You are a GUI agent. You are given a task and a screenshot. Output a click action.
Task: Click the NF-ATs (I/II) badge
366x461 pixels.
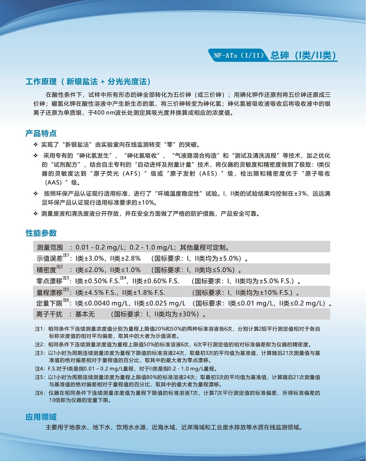pos(239,56)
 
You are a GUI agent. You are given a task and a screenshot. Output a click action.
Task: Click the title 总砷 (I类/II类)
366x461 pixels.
pos(303,56)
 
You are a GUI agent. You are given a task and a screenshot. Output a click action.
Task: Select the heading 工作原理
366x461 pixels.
pos(41,82)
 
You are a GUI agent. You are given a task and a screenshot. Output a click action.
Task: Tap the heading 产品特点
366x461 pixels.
pos(41,133)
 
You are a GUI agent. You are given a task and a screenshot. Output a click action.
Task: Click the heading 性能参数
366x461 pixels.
pos(41,233)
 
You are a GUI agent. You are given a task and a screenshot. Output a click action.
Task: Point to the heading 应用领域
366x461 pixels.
pos(41,417)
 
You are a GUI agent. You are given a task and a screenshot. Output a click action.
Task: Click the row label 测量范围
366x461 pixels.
pos(50,247)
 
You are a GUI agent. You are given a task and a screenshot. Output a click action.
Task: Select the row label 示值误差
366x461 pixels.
pos(50,259)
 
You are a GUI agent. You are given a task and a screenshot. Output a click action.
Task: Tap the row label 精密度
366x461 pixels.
pos(46,270)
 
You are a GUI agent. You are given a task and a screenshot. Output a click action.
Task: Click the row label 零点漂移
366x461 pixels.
pos(50,281)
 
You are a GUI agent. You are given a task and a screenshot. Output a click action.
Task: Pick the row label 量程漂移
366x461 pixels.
pos(50,293)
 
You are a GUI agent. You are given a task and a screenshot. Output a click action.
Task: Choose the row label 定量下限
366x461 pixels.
pos(50,304)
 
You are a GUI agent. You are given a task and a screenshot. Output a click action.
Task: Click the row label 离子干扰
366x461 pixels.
pos(50,314)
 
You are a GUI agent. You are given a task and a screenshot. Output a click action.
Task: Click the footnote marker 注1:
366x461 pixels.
pos(40,329)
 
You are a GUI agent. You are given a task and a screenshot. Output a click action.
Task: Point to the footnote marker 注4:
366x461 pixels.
pos(40,369)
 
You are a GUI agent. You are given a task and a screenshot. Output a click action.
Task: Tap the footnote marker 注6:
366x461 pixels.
pos(40,393)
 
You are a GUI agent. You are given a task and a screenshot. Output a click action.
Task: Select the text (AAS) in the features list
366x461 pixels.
pos(53,183)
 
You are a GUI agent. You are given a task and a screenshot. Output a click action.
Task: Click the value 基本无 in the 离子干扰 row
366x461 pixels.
pos(85,314)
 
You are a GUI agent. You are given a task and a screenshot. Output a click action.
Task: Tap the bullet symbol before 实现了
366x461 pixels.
pos(36,145)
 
